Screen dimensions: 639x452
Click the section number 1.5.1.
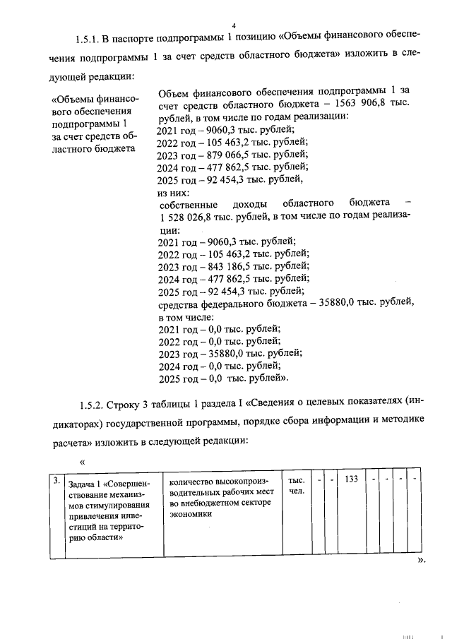click(89, 36)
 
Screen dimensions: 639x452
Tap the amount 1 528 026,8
click(189, 216)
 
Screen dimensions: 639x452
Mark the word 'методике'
click(399, 422)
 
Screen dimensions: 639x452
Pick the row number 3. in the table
click(56, 480)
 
